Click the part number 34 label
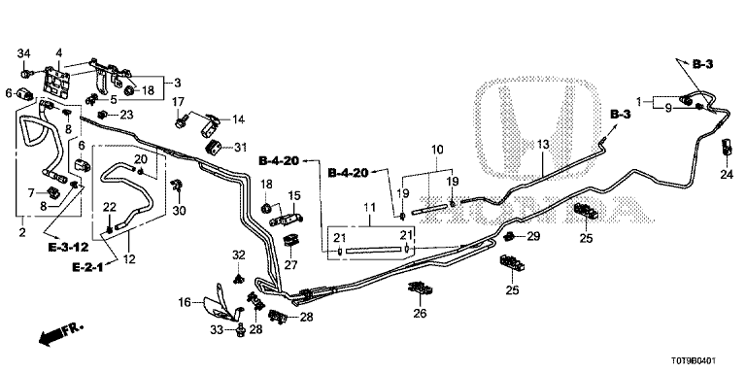[x=24, y=52]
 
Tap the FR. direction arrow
[x=61, y=333]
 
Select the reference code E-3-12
[x=69, y=247]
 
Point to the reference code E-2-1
[x=87, y=267]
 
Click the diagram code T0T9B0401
[x=695, y=361]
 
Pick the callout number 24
[x=727, y=175]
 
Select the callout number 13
[x=543, y=144]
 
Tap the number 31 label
[x=241, y=149]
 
